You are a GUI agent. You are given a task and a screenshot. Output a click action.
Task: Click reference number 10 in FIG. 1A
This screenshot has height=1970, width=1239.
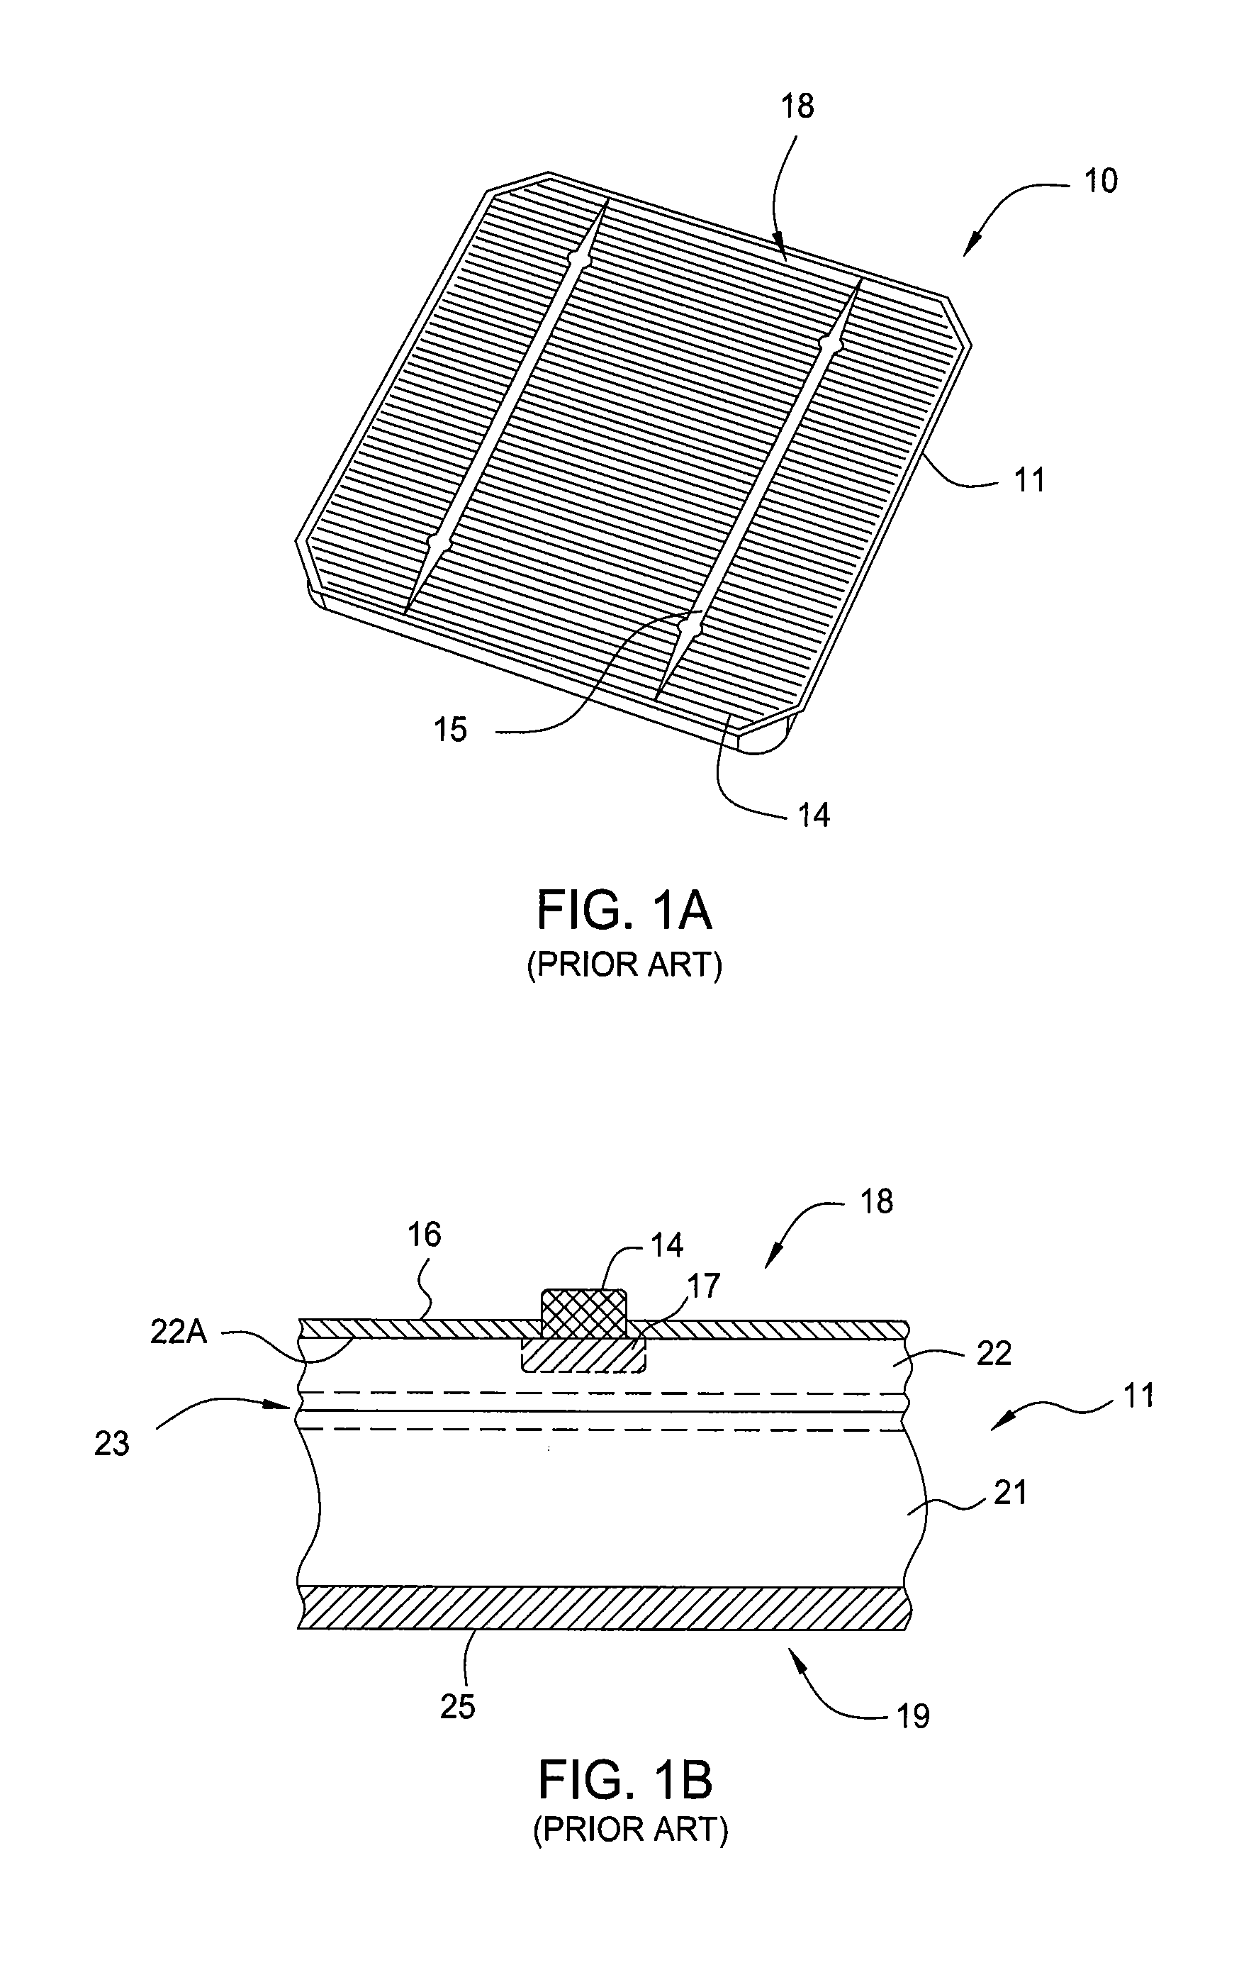tap(1100, 180)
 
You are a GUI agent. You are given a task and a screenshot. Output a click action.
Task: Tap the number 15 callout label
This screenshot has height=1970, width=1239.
tap(450, 729)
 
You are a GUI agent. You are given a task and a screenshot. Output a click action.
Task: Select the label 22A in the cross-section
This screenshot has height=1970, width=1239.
tap(179, 1332)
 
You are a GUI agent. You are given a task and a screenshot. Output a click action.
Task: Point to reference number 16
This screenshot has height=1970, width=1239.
tap(425, 1235)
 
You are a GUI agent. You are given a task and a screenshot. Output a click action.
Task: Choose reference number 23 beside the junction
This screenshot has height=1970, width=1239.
tap(112, 1443)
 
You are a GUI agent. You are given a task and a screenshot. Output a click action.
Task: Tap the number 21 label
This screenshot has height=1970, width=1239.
tap(1009, 1493)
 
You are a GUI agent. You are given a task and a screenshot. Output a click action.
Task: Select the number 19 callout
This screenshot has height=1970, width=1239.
tap(914, 1715)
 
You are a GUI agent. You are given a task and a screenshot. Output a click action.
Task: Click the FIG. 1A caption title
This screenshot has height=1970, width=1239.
tap(624, 911)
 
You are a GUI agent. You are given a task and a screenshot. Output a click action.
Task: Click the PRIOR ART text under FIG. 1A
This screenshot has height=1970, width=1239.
tap(624, 965)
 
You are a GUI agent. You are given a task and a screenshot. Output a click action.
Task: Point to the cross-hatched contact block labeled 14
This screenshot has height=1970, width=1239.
tap(584, 1314)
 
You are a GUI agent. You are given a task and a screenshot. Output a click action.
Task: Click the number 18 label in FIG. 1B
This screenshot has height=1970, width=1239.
tap(877, 1202)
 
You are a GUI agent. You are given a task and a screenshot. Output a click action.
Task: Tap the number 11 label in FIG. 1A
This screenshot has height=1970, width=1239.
tap(1030, 479)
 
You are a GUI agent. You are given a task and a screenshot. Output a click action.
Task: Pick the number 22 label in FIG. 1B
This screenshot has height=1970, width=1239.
tap(994, 1354)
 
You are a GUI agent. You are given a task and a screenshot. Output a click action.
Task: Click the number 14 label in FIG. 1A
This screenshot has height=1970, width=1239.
tap(814, 815)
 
